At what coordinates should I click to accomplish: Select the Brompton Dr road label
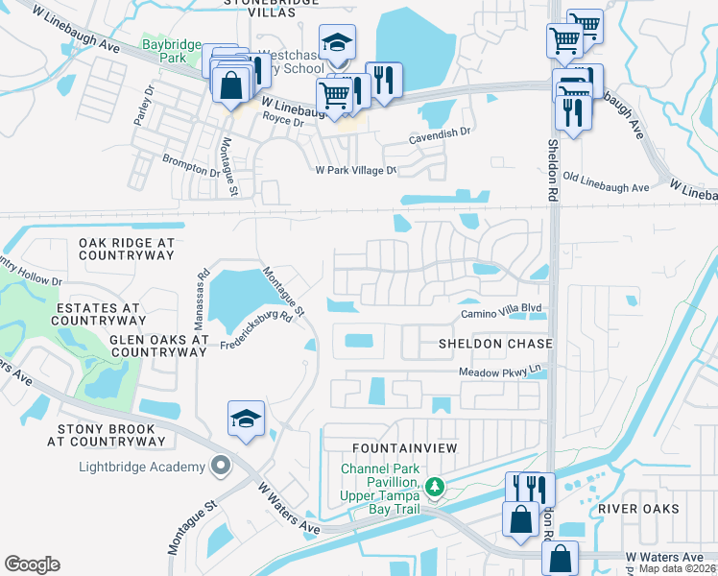(191, 164)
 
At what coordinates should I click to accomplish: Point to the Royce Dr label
(283, 122)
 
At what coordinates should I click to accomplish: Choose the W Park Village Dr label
(356, 170)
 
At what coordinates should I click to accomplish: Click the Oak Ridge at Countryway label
(127, 250)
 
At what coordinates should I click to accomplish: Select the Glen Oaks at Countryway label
(158, 346)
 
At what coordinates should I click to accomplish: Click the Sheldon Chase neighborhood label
(495, 344)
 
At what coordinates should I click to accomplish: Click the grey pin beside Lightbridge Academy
(221, 467)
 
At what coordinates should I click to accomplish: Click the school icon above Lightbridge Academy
(247, 420)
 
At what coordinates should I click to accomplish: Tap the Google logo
(33, 564)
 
